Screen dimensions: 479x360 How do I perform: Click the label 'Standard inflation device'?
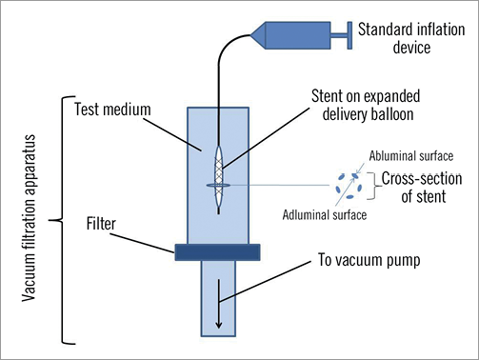(411, 38)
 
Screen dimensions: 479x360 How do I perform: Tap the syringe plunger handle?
(349, 35)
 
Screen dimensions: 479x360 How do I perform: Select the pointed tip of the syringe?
(251, 35)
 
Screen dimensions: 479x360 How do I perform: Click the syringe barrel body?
(297, 35)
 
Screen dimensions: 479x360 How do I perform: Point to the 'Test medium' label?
(112, 110)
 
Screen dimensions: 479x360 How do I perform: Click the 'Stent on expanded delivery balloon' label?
(366, 105)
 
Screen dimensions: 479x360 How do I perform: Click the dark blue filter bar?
(217, 252)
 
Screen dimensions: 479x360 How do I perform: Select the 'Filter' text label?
(101, 224)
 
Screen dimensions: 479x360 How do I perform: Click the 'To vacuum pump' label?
(369, 260)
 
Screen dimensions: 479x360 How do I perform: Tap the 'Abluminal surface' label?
(411, 156)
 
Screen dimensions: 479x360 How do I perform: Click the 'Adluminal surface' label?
(325, 215)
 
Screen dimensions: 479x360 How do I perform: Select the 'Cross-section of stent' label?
(422, 188)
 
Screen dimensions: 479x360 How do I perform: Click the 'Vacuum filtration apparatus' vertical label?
(29, 218)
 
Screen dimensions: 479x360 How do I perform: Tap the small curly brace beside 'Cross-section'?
(374, 186)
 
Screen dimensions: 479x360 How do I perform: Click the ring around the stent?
(218, 185)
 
